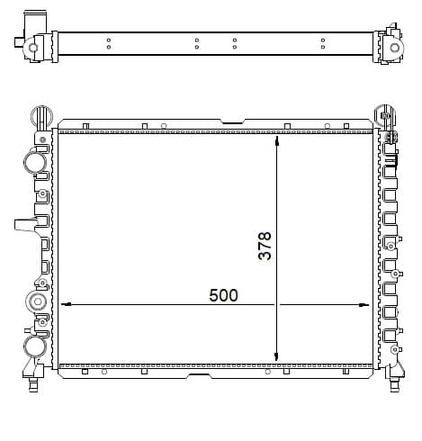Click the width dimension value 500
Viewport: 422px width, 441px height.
223,295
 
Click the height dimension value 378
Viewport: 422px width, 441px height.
265,246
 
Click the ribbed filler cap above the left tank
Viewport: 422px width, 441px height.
39,115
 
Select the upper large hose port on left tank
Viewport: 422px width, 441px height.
35,162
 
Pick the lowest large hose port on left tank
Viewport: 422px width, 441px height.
35,346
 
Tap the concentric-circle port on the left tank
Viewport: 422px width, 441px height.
38,301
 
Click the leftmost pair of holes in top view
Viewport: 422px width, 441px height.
108,43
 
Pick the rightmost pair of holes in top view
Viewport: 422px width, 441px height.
322,43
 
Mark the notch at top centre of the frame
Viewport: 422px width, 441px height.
233,121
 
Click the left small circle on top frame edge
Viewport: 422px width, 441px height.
163,125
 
